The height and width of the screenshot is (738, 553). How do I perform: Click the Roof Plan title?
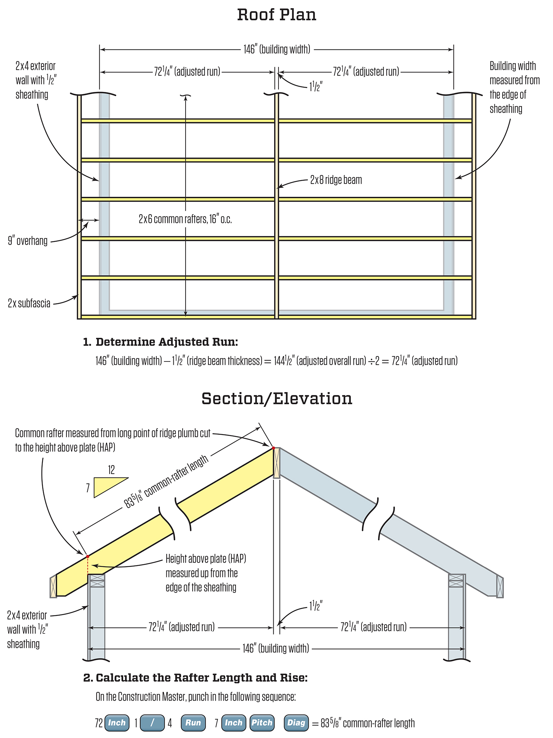pos(277,15)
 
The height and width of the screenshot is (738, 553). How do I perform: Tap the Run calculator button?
pos(193,722)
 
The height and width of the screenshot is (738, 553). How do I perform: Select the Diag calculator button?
pos(296,722)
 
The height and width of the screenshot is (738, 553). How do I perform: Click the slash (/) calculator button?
pos(152,722)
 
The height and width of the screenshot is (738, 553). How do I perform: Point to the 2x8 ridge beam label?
pos(336,180)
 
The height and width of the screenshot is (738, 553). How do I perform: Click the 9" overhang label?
pos(28,241)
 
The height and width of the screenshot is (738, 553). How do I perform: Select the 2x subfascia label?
pos(29,303)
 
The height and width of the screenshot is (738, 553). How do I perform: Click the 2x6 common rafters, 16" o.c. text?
pos(185,219)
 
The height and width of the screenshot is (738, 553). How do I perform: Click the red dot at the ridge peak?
pos(274,448)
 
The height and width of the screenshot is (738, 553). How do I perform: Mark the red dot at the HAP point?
pos(87,556)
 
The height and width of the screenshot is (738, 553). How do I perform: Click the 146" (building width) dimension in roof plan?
pos(277,49)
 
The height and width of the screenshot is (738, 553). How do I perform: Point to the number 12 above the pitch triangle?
pos(111,470)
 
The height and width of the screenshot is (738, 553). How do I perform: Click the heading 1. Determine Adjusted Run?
pos(160,342)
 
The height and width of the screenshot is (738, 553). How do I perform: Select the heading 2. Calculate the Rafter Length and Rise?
pos(196,678)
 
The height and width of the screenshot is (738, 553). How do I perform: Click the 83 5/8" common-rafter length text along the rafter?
pos(166,482)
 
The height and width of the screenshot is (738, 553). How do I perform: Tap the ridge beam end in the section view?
pos(277,463)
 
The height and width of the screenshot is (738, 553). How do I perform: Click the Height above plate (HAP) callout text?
pos(205,573)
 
